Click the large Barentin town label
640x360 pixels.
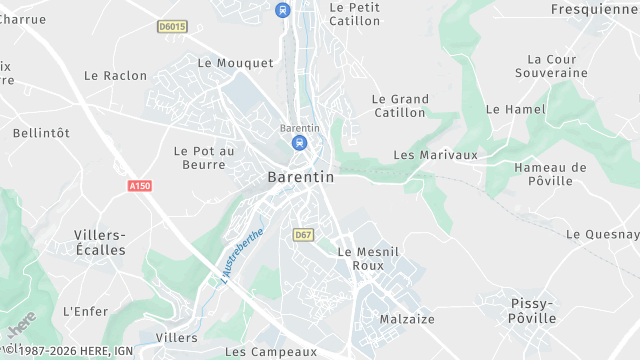coord(300,177)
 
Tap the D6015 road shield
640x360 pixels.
coord(172,27)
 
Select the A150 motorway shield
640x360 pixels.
coord(140,186)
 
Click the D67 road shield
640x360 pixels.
coord(303,234)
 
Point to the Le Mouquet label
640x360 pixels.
coord(235,63)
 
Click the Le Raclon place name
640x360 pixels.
coord(115,76)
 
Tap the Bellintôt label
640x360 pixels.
coord(41,133)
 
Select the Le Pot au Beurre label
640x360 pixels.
coord(203,158)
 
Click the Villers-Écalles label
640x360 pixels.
coord(100,242)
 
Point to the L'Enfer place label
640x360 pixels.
coord(85,312)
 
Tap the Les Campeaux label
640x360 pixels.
coord(270,352)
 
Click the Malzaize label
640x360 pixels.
coord(407,319)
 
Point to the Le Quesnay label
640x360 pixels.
coord(602,234)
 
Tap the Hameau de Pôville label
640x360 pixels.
coord(550,174)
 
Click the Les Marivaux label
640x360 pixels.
coord(435,155)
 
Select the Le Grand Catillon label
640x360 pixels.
coord(400,106)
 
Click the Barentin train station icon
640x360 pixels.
coord(299,143)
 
